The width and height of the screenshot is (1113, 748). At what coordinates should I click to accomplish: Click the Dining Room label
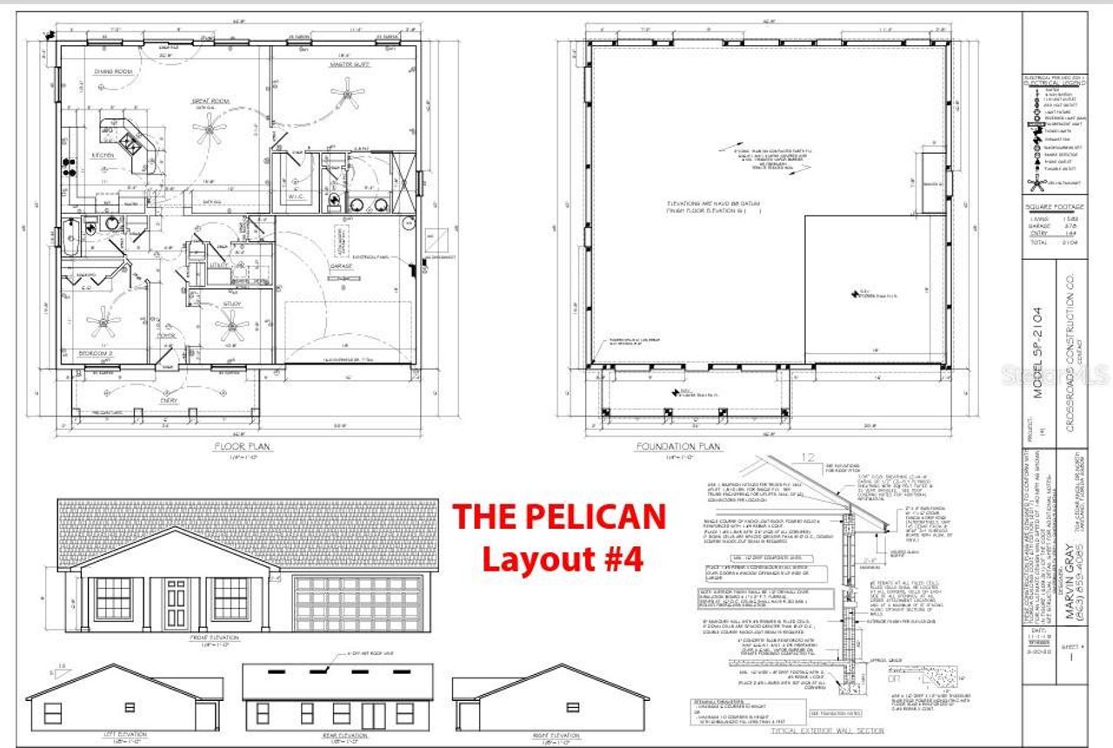pos(112,72)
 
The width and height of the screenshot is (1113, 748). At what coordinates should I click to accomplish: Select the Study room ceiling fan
pos(232,328)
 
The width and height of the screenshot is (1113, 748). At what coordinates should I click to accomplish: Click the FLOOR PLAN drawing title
pos(243,446)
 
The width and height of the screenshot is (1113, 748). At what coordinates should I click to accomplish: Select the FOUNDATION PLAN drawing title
pos(677,447)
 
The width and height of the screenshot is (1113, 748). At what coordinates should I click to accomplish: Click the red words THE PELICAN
pos(559,517)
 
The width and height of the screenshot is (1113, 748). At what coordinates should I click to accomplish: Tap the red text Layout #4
pos(563,558)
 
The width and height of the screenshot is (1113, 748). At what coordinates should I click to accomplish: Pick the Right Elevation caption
pos(551,736)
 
